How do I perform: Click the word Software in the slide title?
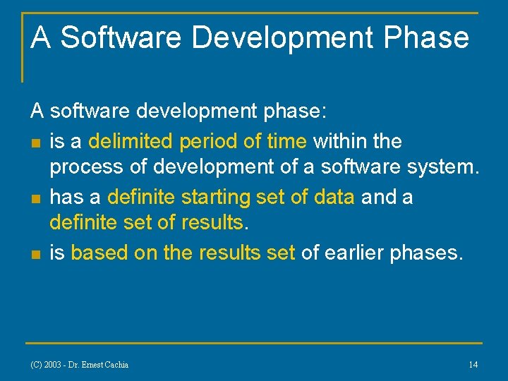click(x=121, y=37)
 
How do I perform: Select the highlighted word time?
click(x=286, y=141)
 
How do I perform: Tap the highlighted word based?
click(x=99, y=253)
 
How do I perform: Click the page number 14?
click(x=473, y=365)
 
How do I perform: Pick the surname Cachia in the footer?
click(x=114, y=365)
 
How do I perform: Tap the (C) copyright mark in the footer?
click(x=35, y=365)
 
